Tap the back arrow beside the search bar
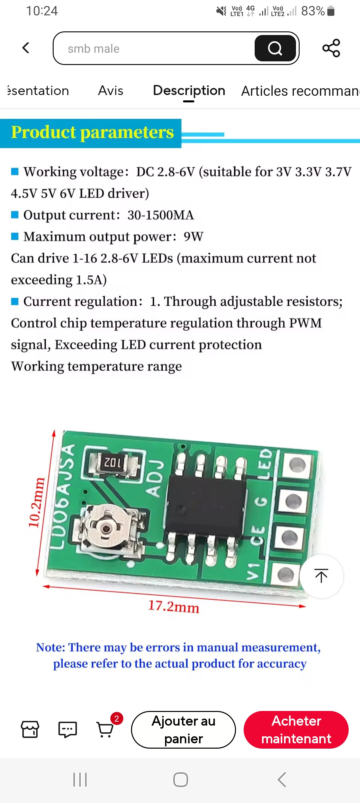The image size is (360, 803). click(26, 48)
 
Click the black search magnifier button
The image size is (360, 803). click(275, 48)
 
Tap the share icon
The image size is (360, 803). click(331, 48)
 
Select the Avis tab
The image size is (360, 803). click(111, 91)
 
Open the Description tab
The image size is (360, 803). click(189, 91)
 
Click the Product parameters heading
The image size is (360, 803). click(92, 132)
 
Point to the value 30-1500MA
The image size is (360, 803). click(160, 215)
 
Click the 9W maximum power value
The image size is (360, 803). click(193, 237)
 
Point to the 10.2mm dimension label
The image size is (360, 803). click(36, 503)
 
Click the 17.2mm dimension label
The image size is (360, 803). click(173, 606)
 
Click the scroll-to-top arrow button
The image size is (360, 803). click(321, 576)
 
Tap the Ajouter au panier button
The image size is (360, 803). click(183, 730)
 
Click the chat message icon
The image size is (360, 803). click(68, 730)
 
